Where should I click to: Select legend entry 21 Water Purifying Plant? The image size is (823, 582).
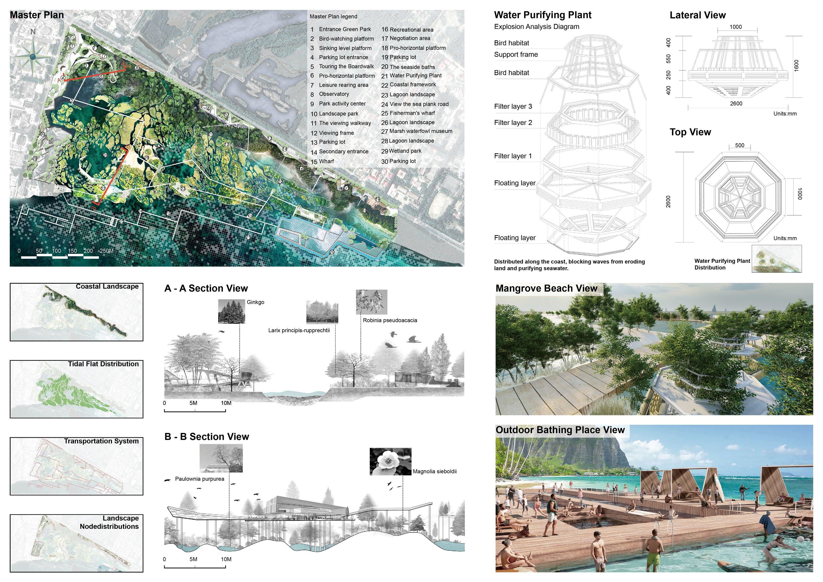(411, 76)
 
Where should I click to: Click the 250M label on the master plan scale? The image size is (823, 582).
(106, 251)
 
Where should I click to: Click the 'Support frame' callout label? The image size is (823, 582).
(515, 54)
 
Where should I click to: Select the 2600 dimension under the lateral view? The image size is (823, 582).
(736, 104)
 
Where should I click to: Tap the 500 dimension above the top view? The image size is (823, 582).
(739, 145)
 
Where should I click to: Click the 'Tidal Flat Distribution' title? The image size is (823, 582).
(103, 364)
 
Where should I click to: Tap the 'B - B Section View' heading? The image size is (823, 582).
(206, 437)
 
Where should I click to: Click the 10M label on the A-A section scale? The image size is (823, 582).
(226, 403)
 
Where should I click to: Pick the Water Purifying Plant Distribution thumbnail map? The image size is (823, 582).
(776, 259)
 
